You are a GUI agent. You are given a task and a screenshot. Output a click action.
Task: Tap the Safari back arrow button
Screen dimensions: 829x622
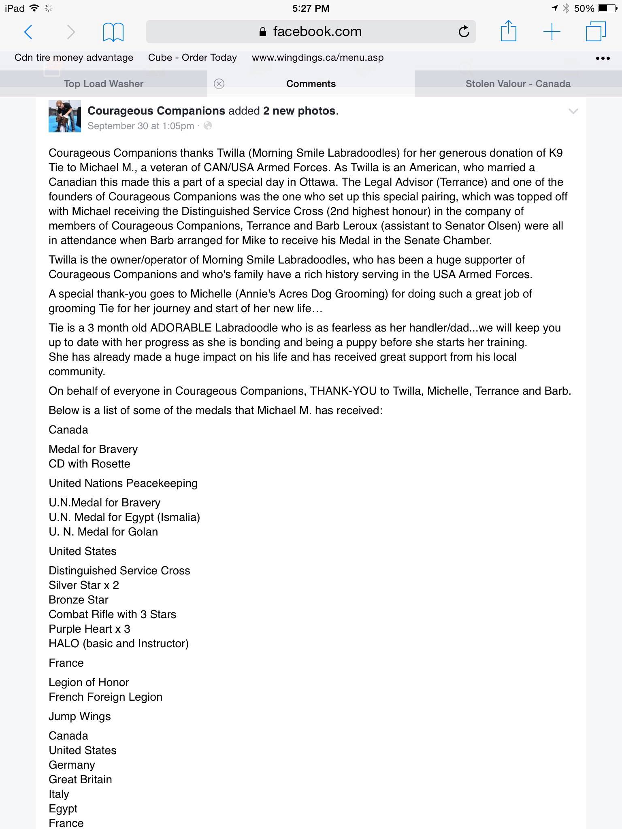click(28, 32)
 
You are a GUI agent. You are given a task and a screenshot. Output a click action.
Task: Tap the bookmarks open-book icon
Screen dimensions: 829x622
click(113, 32)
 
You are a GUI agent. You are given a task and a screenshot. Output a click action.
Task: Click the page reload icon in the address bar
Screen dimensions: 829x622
click(464, 32)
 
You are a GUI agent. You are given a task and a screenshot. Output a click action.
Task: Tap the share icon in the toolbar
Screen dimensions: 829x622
click(508, 31)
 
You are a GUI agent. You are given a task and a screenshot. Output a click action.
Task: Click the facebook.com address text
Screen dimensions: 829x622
click(317, 32)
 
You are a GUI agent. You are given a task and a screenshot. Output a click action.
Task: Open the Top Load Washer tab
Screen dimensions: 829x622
click(104, 84)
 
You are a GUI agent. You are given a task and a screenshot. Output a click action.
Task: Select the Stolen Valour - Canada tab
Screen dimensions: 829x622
click(518, 84)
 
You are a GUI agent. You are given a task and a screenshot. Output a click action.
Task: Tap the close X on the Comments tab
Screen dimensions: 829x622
click(219, 84)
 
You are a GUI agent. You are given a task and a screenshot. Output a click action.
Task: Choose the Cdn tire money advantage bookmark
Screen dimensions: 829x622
click(74, 57)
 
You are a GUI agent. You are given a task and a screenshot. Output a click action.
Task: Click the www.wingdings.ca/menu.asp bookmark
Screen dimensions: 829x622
click(317, 57)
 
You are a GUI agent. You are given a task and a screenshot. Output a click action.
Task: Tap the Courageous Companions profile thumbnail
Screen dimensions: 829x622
click(65, 116)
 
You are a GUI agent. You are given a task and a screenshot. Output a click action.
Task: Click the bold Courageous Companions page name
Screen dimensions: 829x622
click(156, 111)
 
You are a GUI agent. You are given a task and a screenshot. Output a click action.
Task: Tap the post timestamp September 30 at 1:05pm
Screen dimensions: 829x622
click(141, 126)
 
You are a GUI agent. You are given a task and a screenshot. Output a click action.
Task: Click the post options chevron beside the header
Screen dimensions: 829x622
click(573, 111)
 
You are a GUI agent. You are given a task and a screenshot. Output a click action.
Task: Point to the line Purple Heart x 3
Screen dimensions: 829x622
click(89, 629)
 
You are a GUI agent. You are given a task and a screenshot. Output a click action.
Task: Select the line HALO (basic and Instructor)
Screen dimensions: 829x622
click(119, 644)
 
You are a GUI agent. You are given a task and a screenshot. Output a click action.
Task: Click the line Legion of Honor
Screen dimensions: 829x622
click(89, 682)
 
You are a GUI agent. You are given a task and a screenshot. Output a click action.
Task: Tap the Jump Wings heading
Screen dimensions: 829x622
click(80, 716)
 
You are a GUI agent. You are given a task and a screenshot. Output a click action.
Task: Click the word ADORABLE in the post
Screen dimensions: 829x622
click(181, 328)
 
